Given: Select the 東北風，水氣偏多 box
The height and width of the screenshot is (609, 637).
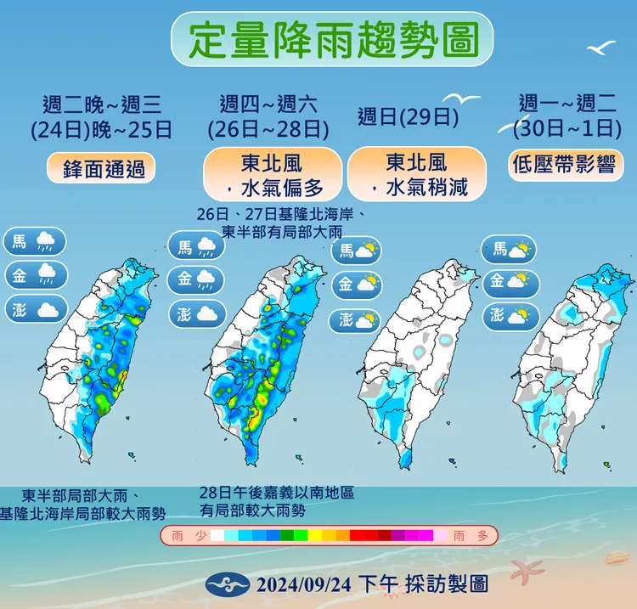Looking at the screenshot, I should [x=272, y=173].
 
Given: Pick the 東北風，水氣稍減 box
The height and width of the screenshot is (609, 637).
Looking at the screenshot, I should [x=416, y=173].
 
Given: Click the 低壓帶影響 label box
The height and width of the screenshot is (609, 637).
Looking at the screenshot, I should [x=563, y=164].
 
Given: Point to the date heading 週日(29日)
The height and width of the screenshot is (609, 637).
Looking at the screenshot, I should [x=408, y=116].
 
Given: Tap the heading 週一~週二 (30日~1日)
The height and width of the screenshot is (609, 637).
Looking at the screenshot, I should [x=565, y=116].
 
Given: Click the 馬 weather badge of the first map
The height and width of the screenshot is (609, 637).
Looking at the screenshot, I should [x=35, y=241].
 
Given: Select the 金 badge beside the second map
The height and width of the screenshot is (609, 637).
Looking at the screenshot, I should [x=196, y=279].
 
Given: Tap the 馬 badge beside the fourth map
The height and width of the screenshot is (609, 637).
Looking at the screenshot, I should [x=510, y=249].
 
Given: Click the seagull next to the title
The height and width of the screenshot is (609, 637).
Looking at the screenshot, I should [x=601, y=48].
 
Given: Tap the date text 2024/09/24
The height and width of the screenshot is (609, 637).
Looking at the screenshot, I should [x=302, y=584].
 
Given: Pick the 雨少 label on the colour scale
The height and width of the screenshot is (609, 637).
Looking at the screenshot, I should [x=187, y=535].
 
